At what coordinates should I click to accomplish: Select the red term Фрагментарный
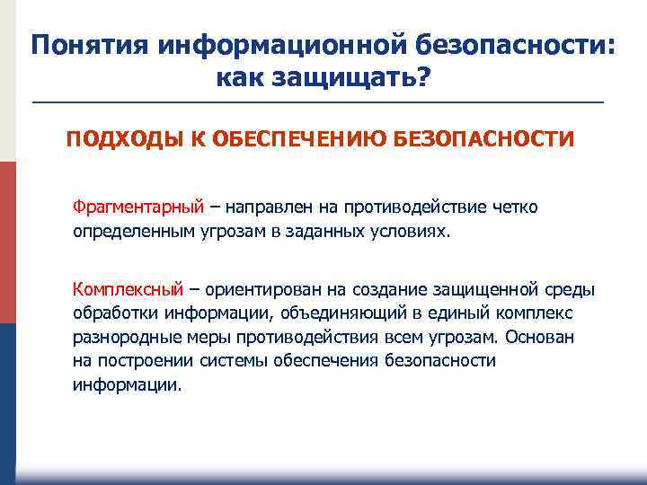[x=139, y=207]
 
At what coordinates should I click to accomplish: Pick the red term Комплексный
[x=129, y=288]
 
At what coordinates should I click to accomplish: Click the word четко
[x=515, y=207]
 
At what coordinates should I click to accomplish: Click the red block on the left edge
[x=7, y=242]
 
